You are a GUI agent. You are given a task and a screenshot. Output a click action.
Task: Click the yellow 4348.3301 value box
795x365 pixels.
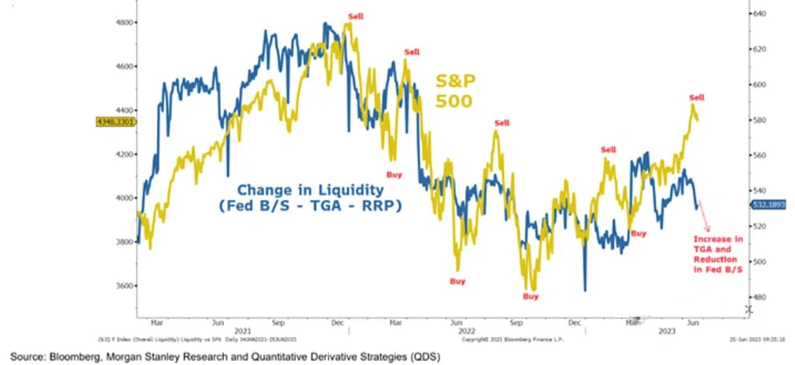[115, 121]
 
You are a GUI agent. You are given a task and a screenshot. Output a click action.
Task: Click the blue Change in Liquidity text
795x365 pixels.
[310, 190]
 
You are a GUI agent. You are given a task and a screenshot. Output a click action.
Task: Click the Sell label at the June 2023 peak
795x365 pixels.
[696, 98]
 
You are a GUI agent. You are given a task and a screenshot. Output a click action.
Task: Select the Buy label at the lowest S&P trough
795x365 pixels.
[530, 296]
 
